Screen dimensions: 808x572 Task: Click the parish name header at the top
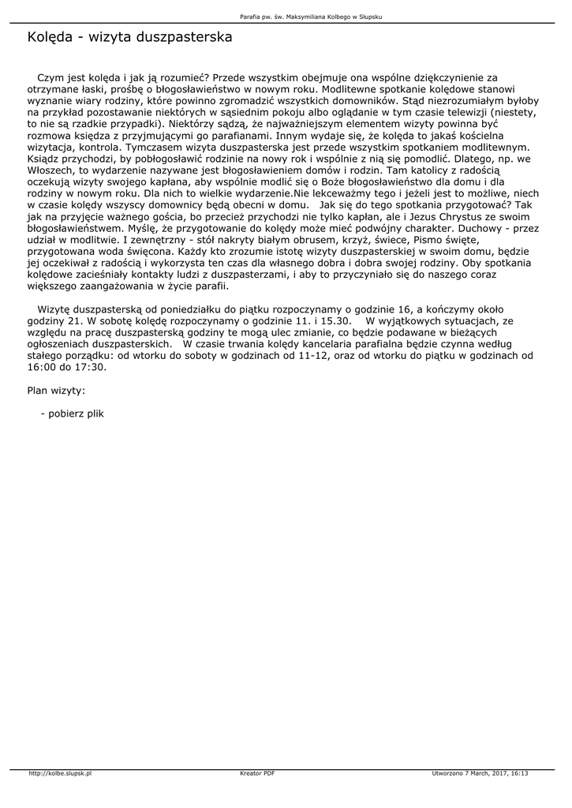312,17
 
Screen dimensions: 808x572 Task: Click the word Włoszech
51,170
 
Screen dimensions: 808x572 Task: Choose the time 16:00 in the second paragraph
41,367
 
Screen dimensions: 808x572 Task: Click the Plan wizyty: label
56,390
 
